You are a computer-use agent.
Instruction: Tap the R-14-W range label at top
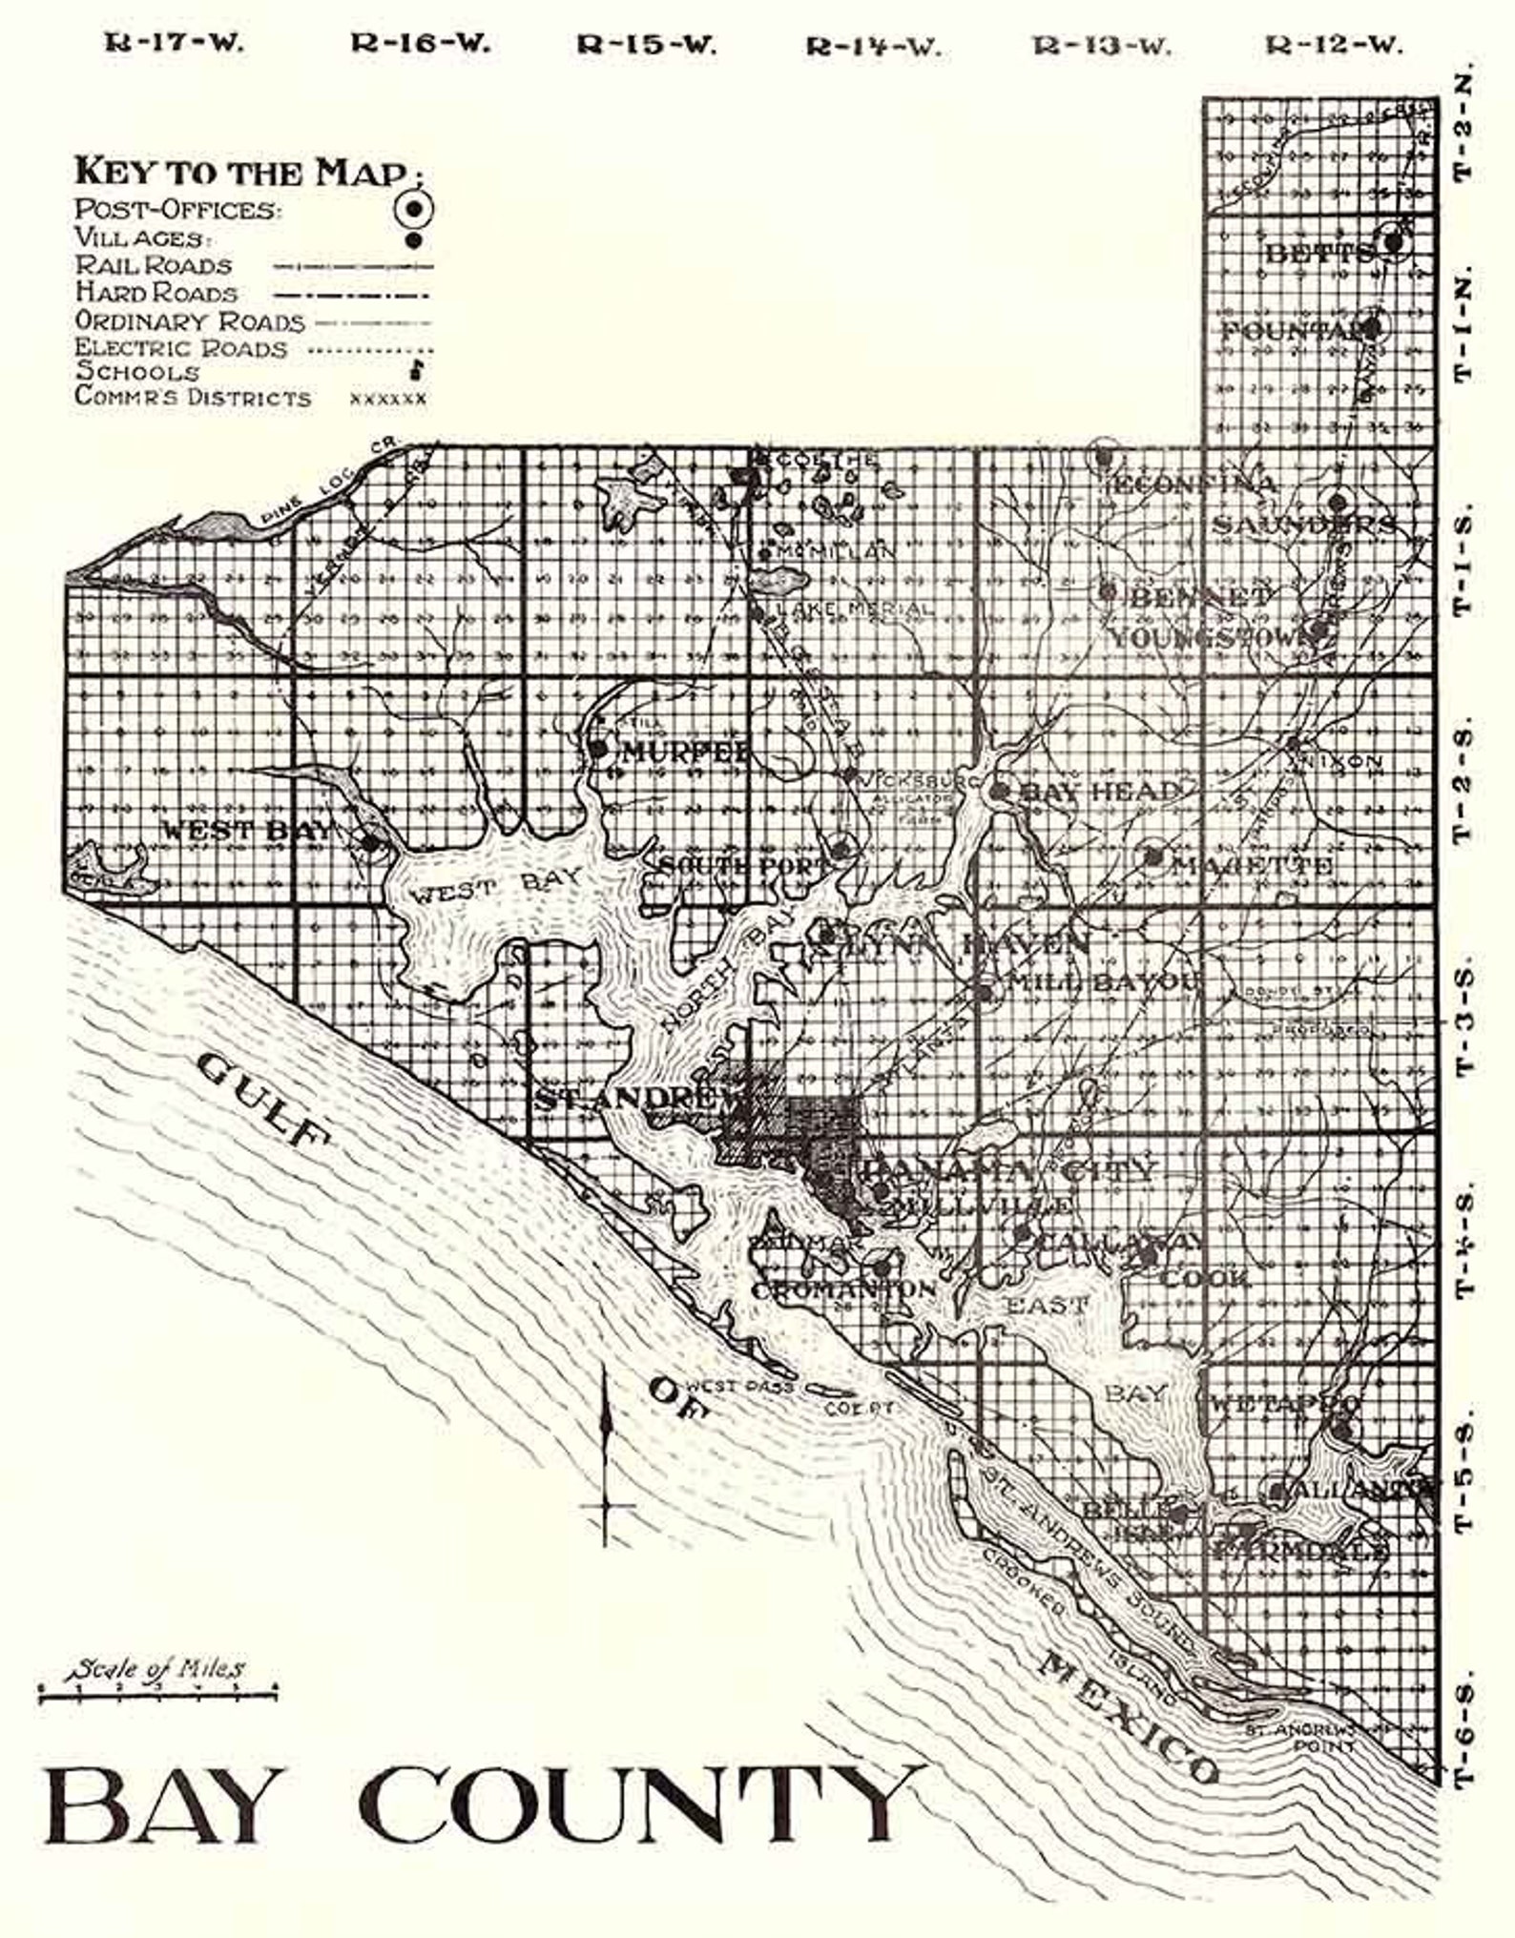[873, 46]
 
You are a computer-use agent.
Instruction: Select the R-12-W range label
[1335, 45]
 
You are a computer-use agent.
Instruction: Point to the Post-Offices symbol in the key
[414, 208]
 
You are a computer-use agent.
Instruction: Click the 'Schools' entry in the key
[137, 372]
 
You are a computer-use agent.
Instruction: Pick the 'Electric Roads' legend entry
[181, 347]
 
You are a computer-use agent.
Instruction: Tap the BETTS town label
[1319, 254]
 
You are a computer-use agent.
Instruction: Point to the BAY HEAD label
[1099, 791]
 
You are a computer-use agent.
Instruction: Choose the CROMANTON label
[843, 1289]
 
